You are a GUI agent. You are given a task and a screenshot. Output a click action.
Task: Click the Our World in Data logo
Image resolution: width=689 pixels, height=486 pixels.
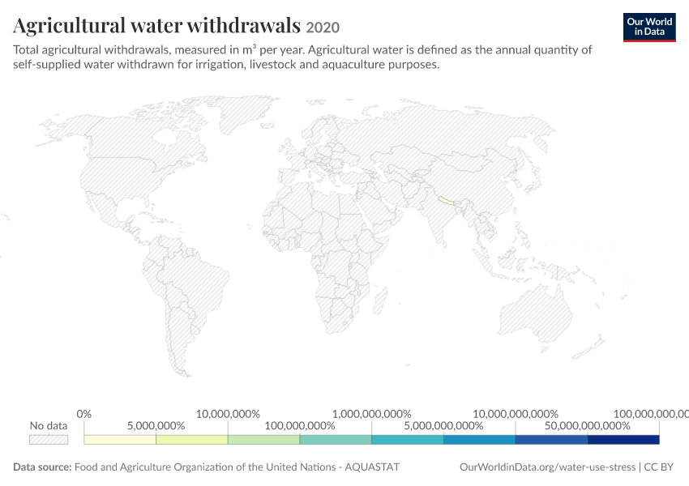[x=649, y=28]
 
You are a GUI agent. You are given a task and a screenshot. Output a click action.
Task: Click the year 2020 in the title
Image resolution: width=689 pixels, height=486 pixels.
[x=323, y=28]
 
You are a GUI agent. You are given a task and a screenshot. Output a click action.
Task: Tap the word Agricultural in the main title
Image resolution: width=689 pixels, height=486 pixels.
[x=69, y=26]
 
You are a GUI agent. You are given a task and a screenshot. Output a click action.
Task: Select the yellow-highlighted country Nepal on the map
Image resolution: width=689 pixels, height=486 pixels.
[x=446, y=201]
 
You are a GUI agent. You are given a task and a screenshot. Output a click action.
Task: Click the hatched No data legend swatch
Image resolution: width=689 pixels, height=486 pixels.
[x=49, y=440]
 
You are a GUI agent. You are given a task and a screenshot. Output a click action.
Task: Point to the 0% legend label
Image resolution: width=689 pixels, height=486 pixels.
[x=84, y=414]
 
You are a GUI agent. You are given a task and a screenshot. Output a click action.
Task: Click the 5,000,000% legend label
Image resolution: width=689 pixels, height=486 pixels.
[x=156, y=426]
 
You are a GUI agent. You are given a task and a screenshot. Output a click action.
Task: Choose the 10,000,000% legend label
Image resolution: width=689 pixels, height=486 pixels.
[x=228, y=414]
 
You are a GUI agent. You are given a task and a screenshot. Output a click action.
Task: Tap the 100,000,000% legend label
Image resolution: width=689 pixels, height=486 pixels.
[x=300, y=426]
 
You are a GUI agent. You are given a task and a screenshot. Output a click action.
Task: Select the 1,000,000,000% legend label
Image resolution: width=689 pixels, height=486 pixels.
[x=372, y=414]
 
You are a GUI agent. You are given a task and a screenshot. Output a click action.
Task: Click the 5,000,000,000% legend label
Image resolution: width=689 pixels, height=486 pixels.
[x=443, y=426]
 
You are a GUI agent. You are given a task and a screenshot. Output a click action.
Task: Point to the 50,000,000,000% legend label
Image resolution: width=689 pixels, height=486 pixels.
[x=588, y=426]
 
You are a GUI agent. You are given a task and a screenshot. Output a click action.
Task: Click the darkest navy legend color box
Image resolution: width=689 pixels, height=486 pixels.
[x=623, y=440]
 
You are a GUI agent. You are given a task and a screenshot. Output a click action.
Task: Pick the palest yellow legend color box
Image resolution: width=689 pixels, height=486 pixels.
[x=120, y=440]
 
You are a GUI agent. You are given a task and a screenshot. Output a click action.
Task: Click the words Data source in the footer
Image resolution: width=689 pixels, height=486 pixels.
[x=42, y=467]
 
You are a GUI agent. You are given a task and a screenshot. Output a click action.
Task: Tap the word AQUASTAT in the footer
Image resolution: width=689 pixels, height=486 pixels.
[x=372, y=467]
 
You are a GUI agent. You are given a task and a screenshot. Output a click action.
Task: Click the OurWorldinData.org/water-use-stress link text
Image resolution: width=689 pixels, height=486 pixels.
[x=547, y=467]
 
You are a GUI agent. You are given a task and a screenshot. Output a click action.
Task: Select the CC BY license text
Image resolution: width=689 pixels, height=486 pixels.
[x=659, y=467]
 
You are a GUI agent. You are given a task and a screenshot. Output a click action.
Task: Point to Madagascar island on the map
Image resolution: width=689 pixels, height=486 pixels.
[x=380, y=301]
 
